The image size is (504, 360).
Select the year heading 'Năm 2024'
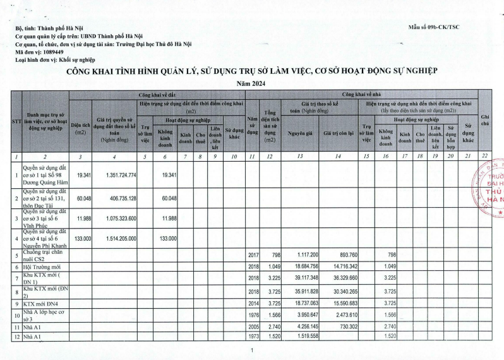coord(251,83)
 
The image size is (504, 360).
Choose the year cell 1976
coord(253,314)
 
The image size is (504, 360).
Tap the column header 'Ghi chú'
coord(485,120)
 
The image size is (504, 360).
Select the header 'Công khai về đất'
coord(157,93)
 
